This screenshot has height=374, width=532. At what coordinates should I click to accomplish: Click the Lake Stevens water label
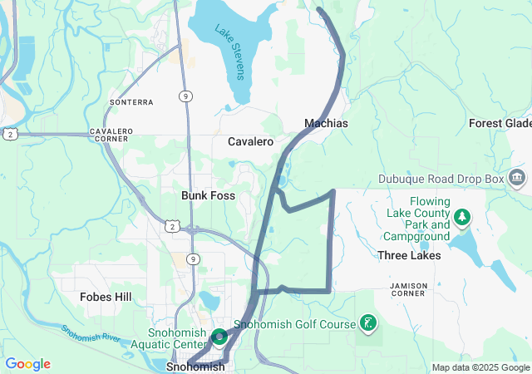(x=230, y=52)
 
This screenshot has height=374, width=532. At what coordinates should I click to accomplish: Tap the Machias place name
(x=326, y=123)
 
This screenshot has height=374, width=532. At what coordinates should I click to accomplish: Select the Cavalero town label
(x=251, y=142)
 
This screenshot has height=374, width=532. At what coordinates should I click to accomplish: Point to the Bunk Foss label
(x=208, y=195)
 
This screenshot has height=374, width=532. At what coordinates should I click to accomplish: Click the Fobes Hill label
(x=106, y=297)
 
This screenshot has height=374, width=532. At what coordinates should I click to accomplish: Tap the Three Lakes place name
(x=409, y=255)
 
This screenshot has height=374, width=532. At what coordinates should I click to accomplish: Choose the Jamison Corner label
(x=408, y=291)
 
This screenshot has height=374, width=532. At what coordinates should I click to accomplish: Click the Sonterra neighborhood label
(x=131, y=102)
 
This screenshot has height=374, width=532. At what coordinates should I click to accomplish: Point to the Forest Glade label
(x=500, y=123)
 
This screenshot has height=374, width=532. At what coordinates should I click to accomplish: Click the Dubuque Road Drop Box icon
(x=517, y=178)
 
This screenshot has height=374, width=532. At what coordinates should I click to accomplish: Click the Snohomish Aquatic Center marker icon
(x=219, y=337)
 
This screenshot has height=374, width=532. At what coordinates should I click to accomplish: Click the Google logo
(x=27, y=364)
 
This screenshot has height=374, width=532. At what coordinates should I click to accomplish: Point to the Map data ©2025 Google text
(x=480, y=367)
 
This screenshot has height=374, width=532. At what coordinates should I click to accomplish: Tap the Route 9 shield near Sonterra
(x=185, y=96)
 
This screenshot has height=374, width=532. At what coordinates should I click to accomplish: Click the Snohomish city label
(x=195, y=367)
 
